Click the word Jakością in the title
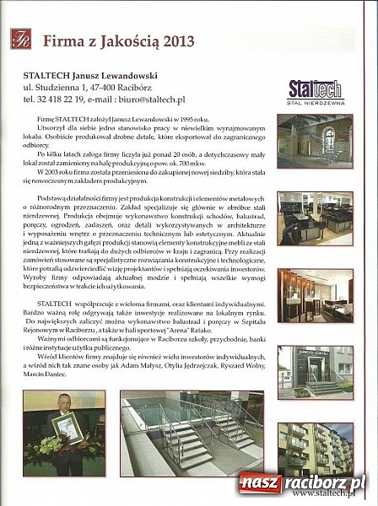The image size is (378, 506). coord(127,39)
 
